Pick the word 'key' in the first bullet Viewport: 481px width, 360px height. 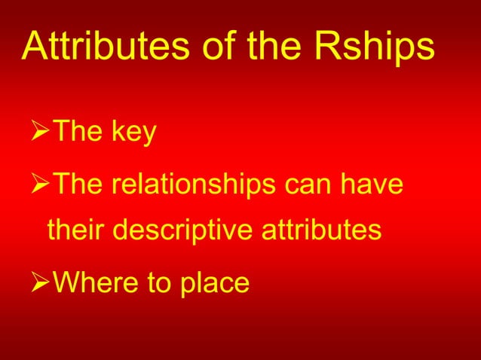point(133,133)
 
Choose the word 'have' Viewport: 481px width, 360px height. point(375,185)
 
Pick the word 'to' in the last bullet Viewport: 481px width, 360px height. point(152,282)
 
